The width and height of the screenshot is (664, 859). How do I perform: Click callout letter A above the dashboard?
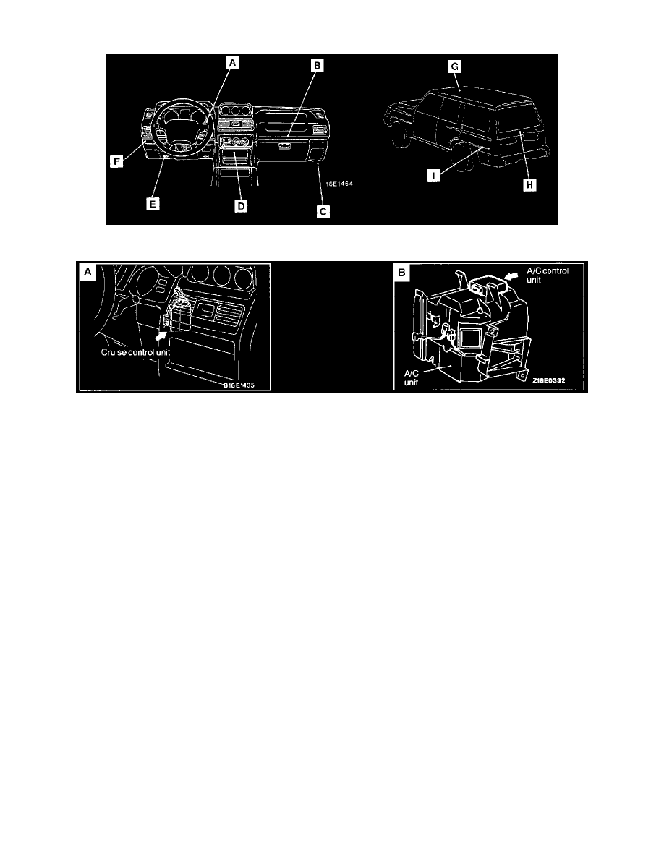(232, 63)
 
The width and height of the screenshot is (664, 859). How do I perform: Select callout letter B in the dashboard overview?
(317, 66)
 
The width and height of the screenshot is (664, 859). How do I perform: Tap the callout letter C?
(323, 211)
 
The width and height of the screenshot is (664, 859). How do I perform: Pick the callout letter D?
(241, 206)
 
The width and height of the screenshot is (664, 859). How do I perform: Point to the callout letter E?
(153, 204)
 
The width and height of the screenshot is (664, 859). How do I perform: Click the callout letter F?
(116, 162)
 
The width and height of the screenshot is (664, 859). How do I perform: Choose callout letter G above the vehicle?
(454, 67)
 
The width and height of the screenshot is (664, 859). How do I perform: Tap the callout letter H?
(529, 185)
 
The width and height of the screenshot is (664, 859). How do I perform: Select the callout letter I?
(433, 175)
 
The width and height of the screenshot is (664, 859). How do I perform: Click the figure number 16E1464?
(339, 184)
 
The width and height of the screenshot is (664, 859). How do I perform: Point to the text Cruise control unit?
(135, 352)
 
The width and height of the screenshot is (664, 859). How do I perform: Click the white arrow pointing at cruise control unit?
(162, 336)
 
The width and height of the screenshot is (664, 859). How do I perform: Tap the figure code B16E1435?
(238, 385)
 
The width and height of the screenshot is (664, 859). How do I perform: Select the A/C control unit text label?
(548, 275)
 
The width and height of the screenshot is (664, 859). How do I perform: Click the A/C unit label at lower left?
(411, 378)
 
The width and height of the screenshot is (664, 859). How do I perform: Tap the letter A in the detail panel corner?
(88, 272)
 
